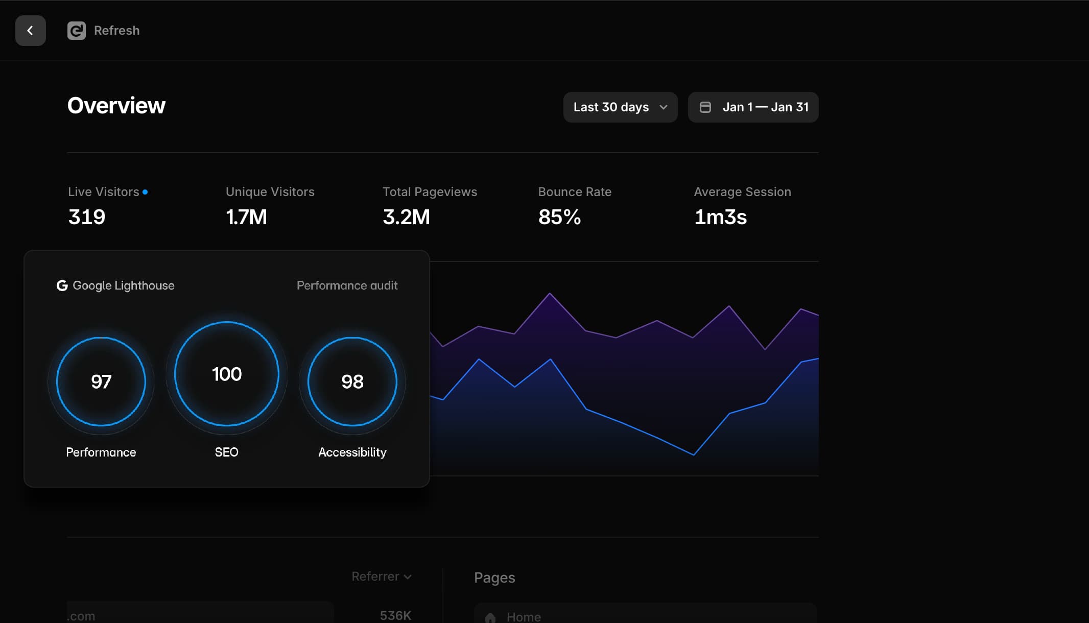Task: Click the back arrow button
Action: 31,31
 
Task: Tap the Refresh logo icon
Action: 77,31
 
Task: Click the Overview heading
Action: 116,106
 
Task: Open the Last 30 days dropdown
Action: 620,107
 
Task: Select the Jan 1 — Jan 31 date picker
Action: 753,107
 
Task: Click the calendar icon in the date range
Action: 705,107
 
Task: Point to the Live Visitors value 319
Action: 87,217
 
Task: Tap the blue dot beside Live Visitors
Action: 145,192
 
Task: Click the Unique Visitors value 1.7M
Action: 246,217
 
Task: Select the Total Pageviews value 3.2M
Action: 406,217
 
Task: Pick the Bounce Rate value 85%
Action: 559,217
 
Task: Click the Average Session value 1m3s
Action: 720,217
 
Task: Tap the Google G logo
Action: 62,285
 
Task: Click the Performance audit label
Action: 347,285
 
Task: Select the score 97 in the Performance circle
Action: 101,381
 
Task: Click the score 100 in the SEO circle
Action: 227,374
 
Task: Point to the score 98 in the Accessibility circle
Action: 352,381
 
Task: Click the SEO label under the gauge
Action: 227,452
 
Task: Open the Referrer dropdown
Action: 382,577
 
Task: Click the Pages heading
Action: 494,578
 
